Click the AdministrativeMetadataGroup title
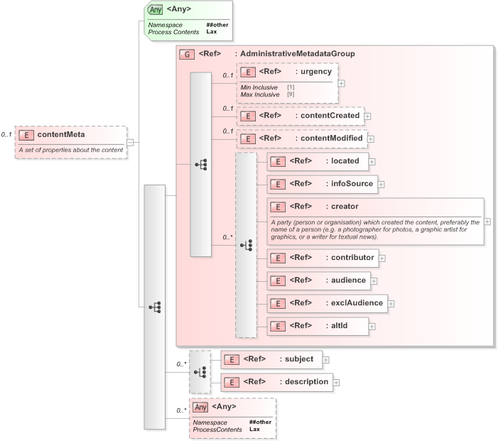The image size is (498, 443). pyautogui.click(x=298, y=54)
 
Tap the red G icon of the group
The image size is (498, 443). pyautogui.click(x=187, y=54)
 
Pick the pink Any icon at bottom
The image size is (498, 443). pyautogui.click(x=201, y=407)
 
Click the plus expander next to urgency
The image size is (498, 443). pyautogui.click(x=342, y=82)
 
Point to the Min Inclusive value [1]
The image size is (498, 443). pyautogui.click(x=291, y=87)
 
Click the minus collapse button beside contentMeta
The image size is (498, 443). pyautogui.click(x=130, y=142)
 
